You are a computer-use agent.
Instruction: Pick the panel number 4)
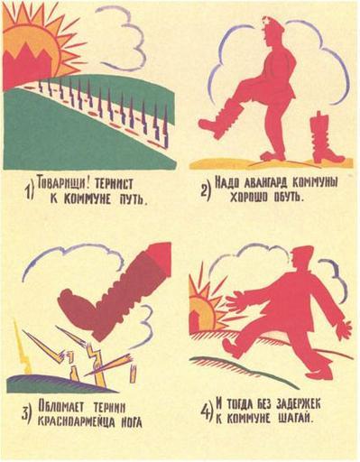click(207, 411)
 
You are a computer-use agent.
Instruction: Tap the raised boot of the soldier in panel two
click(217, 119)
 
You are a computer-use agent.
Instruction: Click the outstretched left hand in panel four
click(238, 304)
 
